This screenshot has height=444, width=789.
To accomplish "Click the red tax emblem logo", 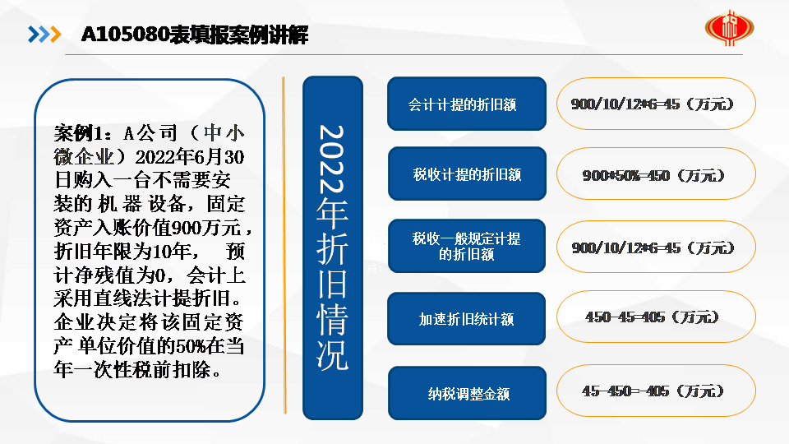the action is (x=729, y=27).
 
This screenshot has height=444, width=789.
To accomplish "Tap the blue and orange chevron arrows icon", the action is (x=44, y=35).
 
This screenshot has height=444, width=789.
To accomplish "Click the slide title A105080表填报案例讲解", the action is (x=195, y=35).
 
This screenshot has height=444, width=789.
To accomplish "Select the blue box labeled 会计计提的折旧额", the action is (x=467, y=104).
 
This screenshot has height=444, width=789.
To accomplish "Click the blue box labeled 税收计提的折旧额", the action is (x=467, y=173).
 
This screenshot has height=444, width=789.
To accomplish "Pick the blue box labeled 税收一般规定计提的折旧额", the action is (x=467, y=246).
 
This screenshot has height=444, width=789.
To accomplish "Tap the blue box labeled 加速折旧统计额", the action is (x=467, y=319).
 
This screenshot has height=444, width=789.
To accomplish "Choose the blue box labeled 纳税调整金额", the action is (x=467, y=393).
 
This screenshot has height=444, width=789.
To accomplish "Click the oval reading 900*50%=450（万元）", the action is (x=656, y=174).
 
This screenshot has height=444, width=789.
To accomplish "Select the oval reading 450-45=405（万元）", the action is (x=656, y=317).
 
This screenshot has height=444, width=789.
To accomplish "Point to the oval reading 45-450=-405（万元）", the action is (x=656, y=391).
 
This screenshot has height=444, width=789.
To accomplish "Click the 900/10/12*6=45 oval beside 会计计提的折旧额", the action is (x=656, y=104).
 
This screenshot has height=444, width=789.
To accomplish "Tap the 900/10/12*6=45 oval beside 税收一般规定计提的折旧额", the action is (x=656, y=247).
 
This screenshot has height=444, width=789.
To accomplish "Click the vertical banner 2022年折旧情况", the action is (x=333, y=247).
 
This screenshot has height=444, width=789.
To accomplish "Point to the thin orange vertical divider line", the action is (x=284, y=245).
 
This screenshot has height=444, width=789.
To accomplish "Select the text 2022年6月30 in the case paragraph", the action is (x=190, y=157).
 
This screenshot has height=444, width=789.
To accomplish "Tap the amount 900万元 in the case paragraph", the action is (x=207, y=228).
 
